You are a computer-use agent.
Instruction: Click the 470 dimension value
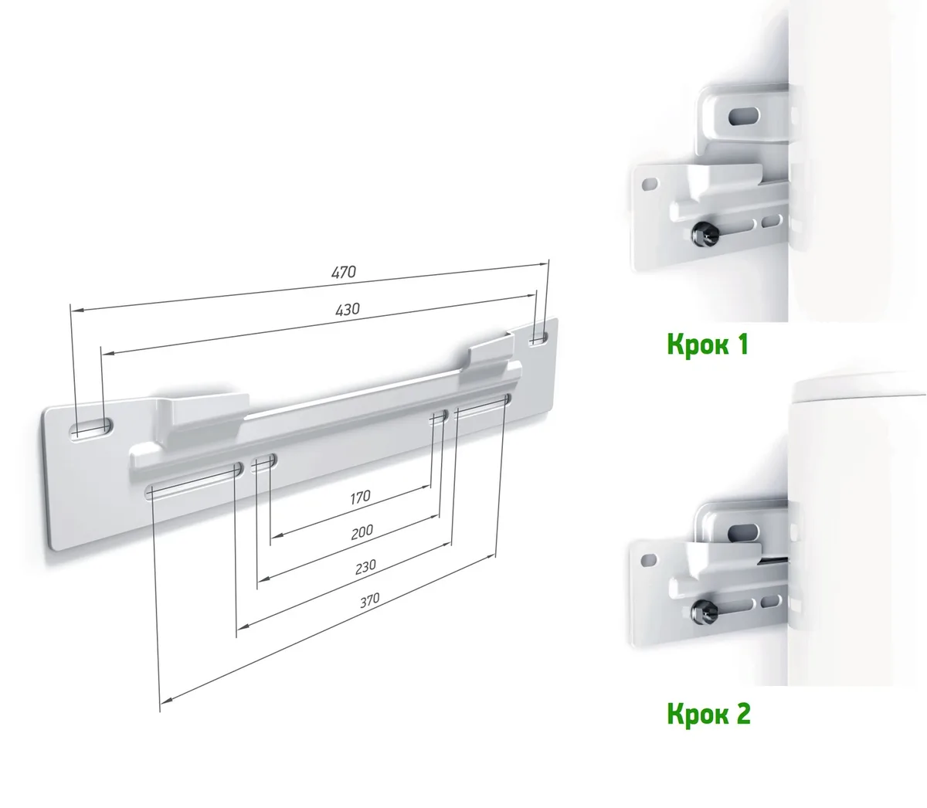click(x=344, y=272)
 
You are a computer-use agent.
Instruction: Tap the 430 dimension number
click(x=347, y=309)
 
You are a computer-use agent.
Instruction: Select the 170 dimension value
click(x=360, y=497)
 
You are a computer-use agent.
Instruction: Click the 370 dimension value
click(x=370, y=600)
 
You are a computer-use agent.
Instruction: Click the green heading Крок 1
click(x=708, y=345)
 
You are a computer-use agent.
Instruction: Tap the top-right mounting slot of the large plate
click(x=538, y=338)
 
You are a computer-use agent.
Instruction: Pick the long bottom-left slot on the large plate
click(x=193, y=480)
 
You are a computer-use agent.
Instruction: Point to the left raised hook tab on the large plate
click(x=206, y=410)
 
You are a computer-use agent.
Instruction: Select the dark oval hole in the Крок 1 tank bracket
click(x=743, y=117)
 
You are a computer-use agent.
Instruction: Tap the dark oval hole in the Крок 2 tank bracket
click(x=743, y=533)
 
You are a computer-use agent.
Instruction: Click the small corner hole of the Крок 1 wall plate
click(x=650, y=185)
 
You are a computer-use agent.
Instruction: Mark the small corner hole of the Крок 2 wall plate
click(x=649, y=560)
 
